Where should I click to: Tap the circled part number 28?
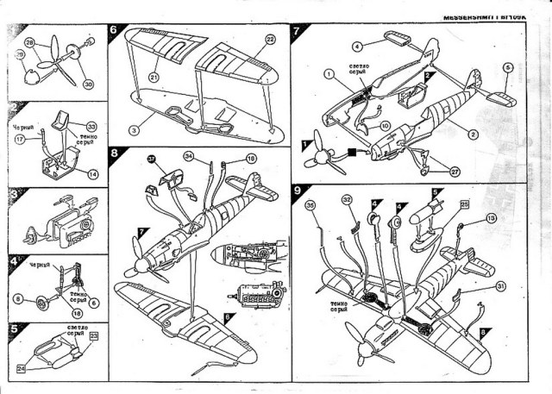28,41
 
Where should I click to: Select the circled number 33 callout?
91,127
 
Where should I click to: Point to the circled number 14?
92,174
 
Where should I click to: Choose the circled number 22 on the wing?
269,40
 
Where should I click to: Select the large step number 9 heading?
298,190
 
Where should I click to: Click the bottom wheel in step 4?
42,301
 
